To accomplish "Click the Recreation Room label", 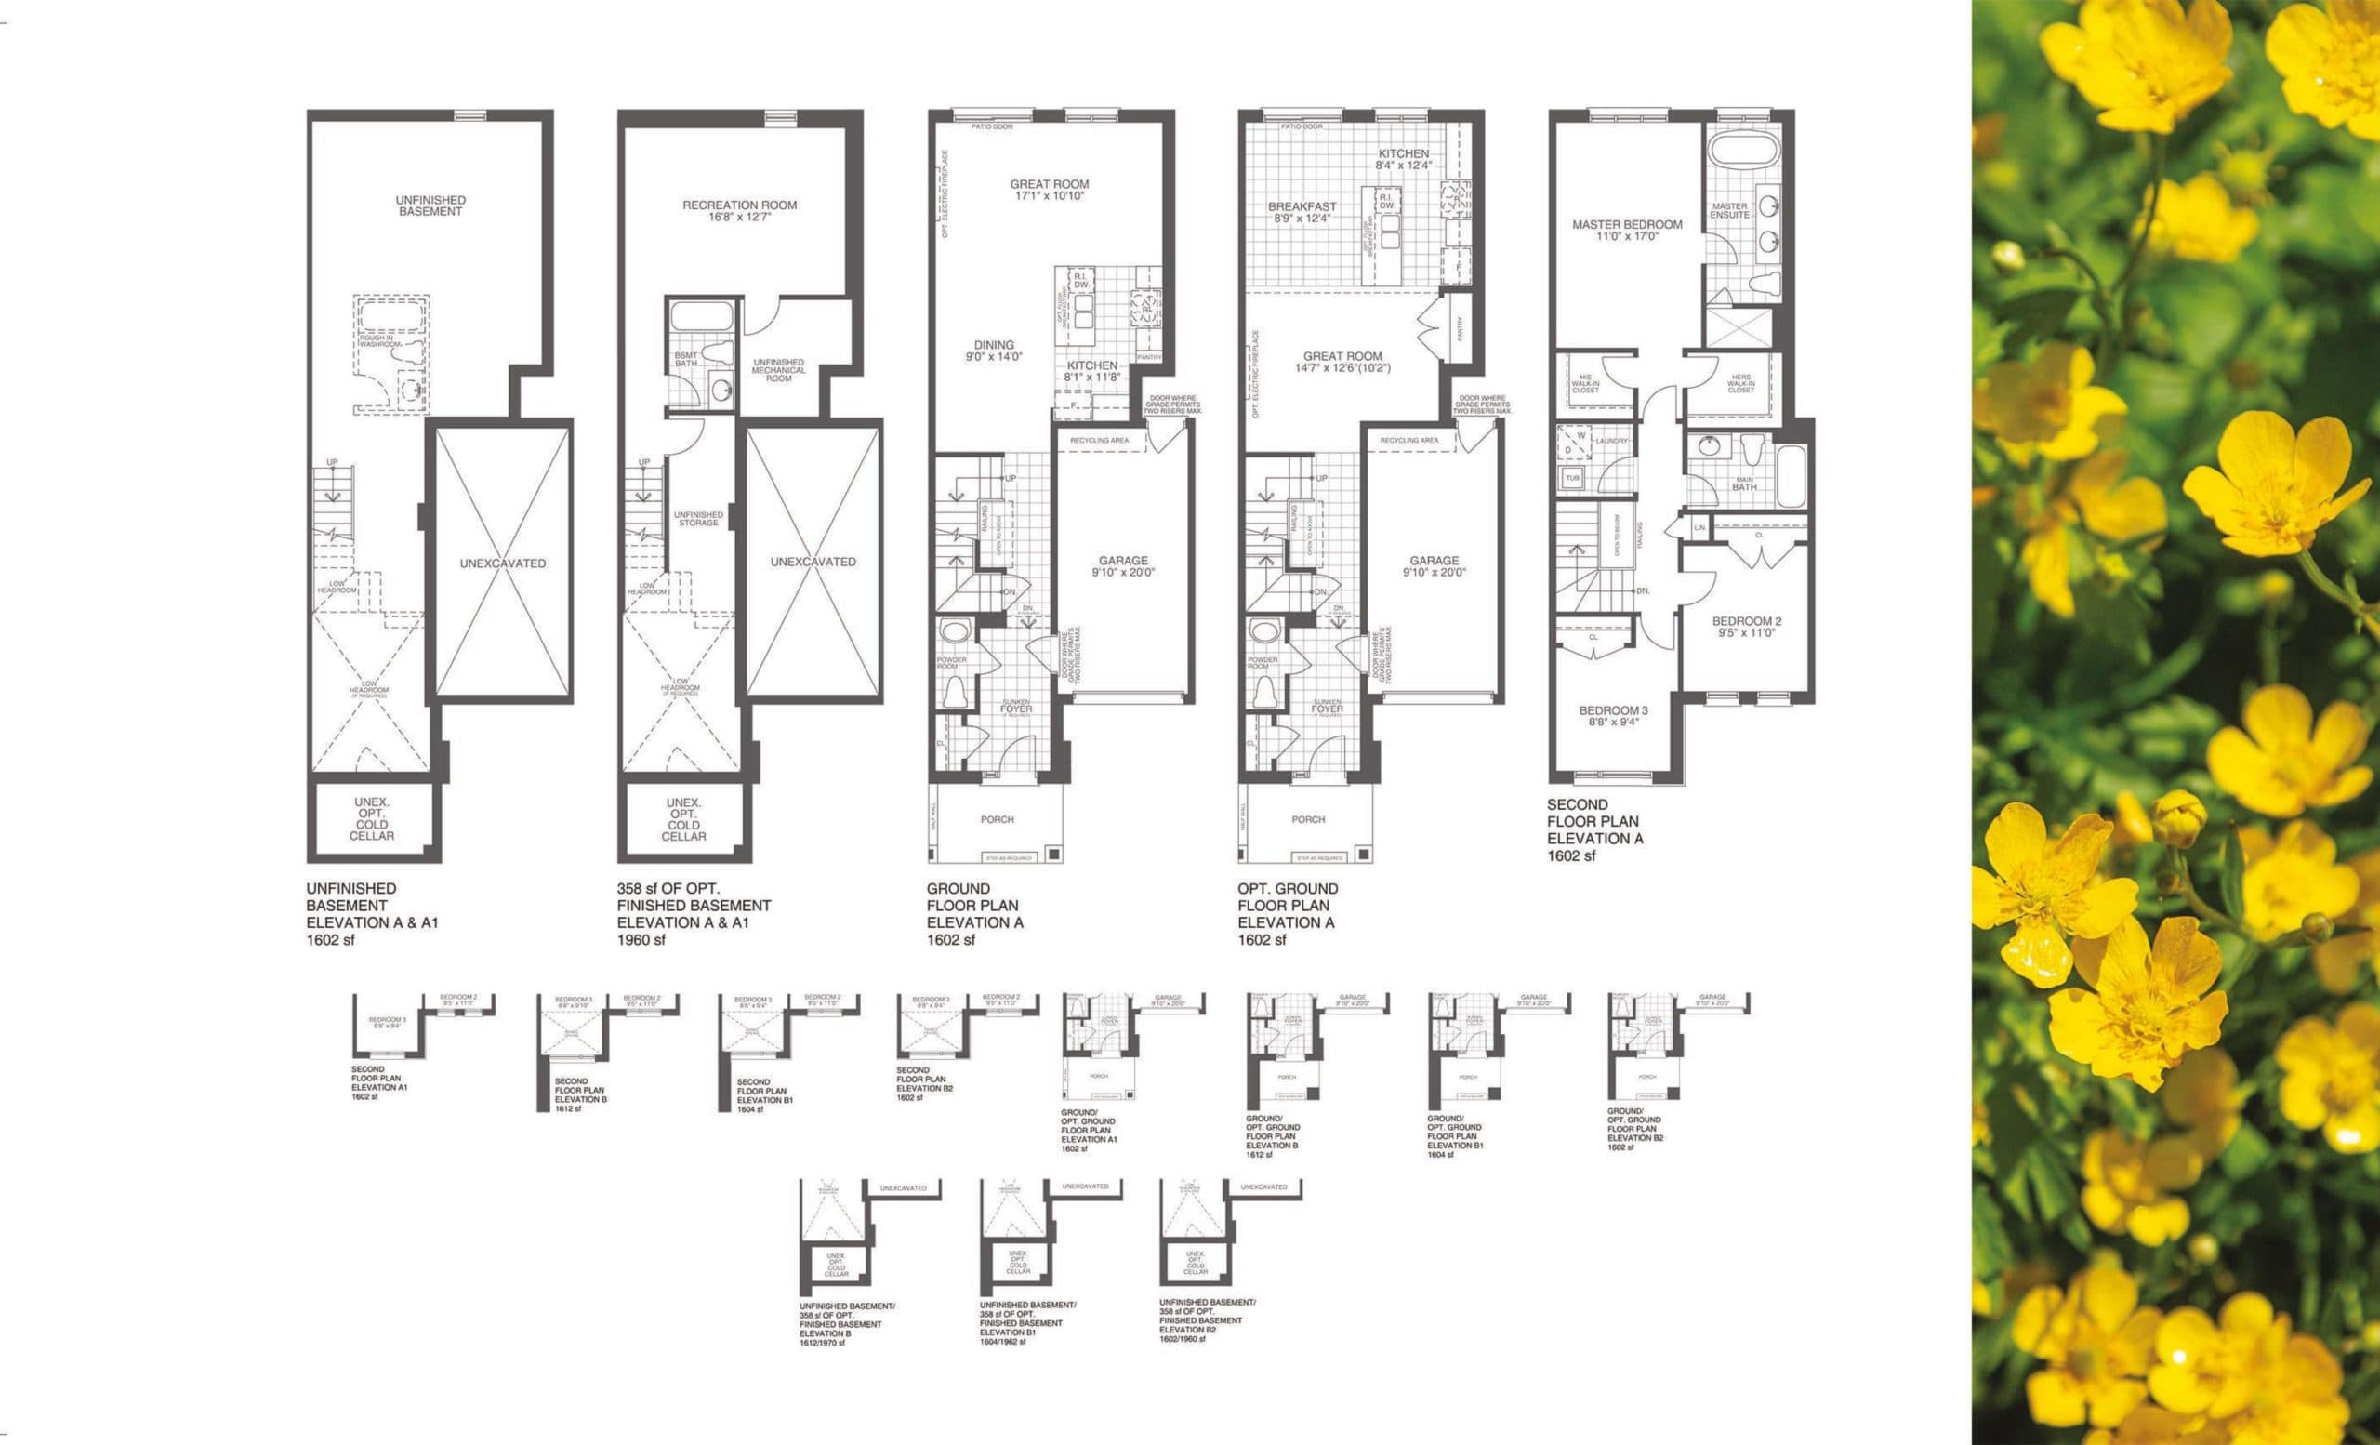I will point(739,210).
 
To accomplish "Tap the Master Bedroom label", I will point(1627,230).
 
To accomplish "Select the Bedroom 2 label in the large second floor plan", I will point(1746,627).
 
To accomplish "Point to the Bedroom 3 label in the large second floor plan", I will point(1613,716).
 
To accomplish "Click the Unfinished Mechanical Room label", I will point(778,370).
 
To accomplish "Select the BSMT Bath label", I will point(686,359).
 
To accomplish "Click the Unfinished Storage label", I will point(698,519).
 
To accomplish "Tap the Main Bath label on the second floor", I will point(1744,483).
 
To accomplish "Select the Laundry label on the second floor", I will point(1611,441).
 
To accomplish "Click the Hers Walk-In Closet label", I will point(1740,383).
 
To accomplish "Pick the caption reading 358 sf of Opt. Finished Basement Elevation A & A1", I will point(694,914).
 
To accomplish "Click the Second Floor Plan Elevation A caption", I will point(1593,829).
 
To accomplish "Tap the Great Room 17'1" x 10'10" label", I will point(1049,190).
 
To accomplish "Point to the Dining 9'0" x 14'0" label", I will point(994,350).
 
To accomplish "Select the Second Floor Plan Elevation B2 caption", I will point(922,1084).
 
